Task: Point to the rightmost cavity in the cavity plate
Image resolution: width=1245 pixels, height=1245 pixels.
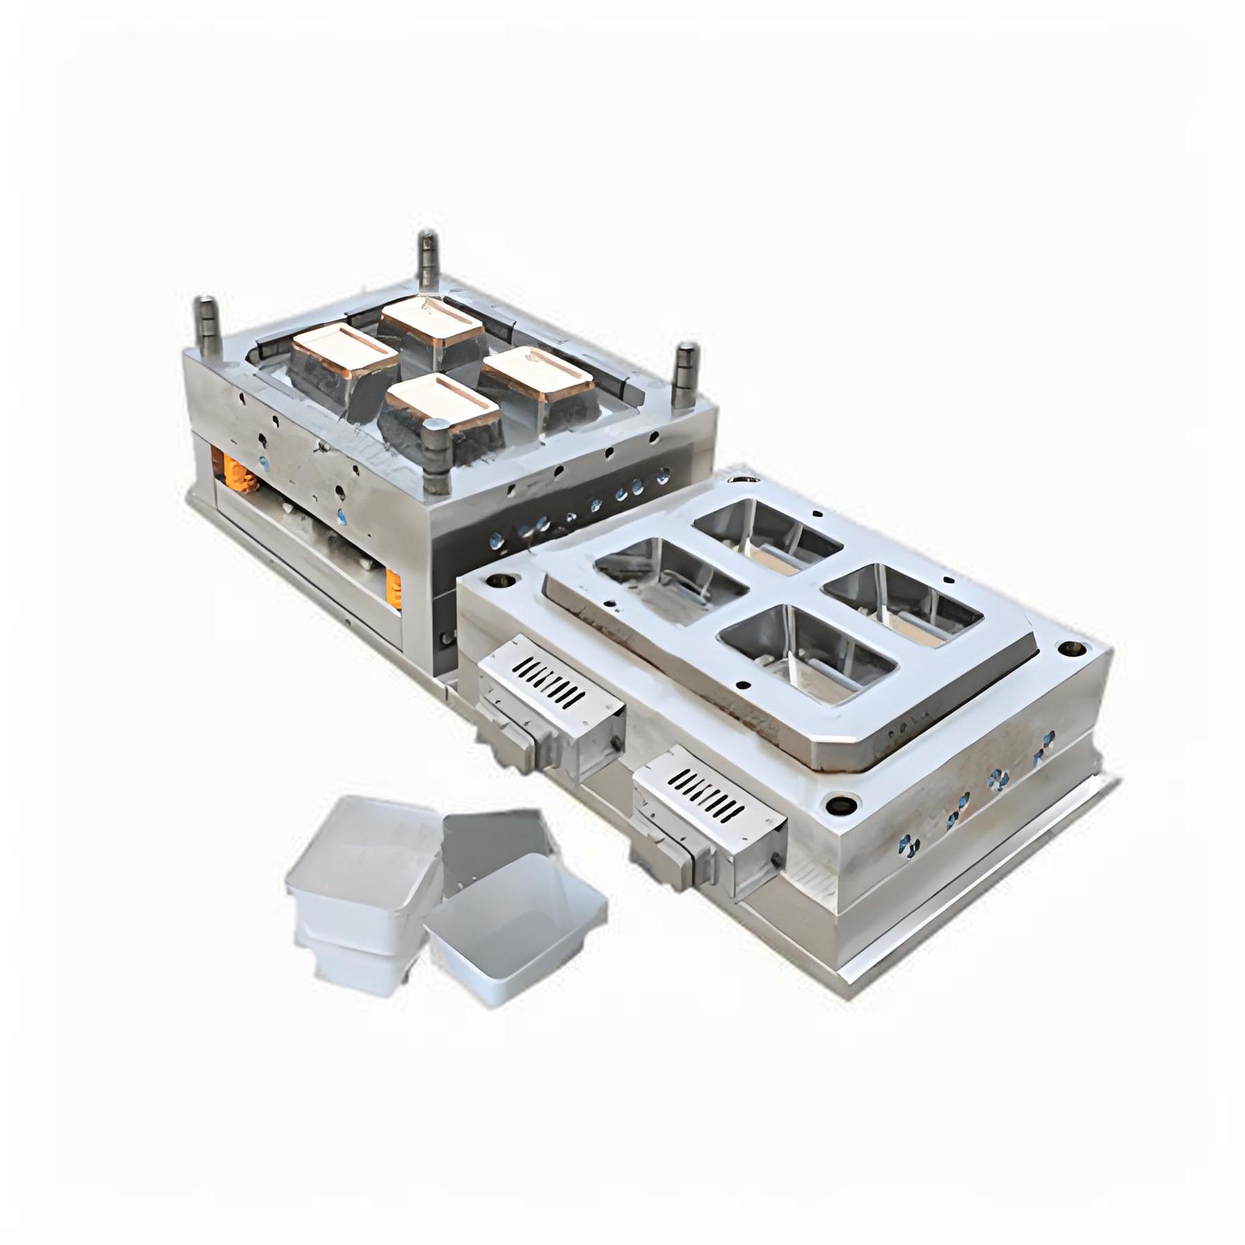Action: tap(903, 602)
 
